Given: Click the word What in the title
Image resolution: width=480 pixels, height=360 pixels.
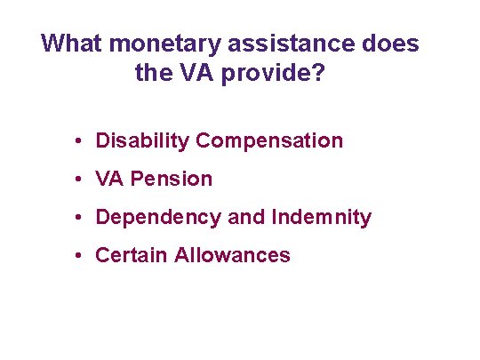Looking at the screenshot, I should click(x=71, y=43).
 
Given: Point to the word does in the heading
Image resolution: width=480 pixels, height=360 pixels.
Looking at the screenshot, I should click(x=389, y=43).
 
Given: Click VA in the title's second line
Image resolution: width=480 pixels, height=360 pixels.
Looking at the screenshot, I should click(x=205, y=72).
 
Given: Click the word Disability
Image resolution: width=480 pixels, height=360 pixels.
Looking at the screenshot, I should click(x=142, y=140).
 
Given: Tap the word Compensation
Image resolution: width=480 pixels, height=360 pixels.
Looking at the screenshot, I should click(x=269, y=140).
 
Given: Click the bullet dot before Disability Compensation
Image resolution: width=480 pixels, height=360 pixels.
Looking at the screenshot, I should click(x=79, y=140).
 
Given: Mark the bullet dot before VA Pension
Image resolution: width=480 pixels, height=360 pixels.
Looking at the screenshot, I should click(x=79, y=179).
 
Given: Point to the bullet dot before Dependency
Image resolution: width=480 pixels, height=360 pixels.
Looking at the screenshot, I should click(x=79, y=217).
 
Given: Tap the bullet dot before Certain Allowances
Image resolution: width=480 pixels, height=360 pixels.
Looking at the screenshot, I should click(x=79, y=255).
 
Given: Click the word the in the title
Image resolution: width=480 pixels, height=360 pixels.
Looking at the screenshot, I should click(x=156, y=72).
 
